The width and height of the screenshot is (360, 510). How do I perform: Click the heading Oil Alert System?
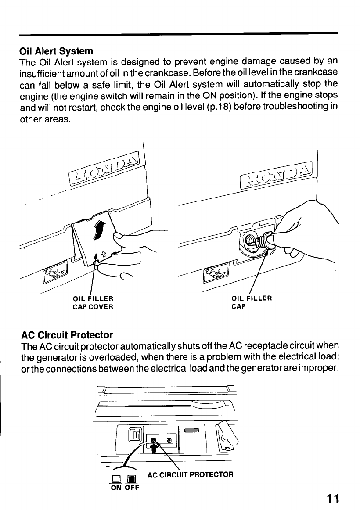[56, 51]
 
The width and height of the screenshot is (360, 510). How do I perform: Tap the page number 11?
[332, 499]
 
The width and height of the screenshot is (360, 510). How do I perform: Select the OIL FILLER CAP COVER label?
[93, 303]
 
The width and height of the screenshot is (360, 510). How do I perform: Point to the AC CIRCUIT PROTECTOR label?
[191, 474]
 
